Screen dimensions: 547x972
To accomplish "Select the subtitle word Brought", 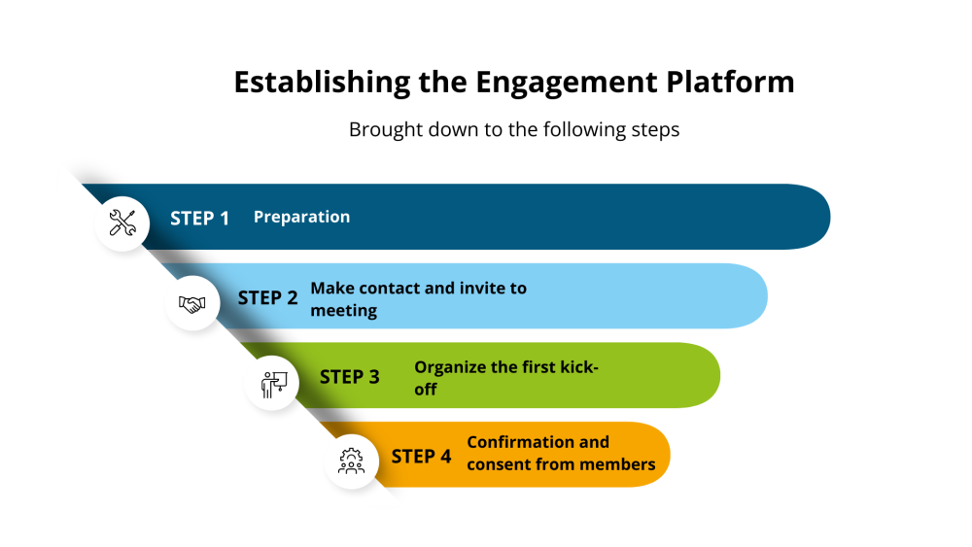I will pyautogui.click(x=382, y=129).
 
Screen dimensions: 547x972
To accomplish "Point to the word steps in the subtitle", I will pyautogui.click(x=653, y=129).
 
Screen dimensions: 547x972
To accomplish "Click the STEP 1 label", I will pyautogui.click(x=199, y=218).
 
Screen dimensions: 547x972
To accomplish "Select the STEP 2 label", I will pyautogui.click(x=267, y=297).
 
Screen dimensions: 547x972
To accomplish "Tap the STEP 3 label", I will pyautogui.click(x=349, y=377).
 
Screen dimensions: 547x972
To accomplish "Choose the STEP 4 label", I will pyautogui.click(x=421, y=456).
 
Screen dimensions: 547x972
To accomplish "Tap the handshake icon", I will pyautogui.click(x=192, y=304).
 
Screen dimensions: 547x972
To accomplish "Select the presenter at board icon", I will pyautogui.click(x=272, y=384).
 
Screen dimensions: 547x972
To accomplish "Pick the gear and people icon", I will pyautogui.click(x=351, y=461).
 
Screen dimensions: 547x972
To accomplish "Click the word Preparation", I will pyautogui.click(x=301, y=217).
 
